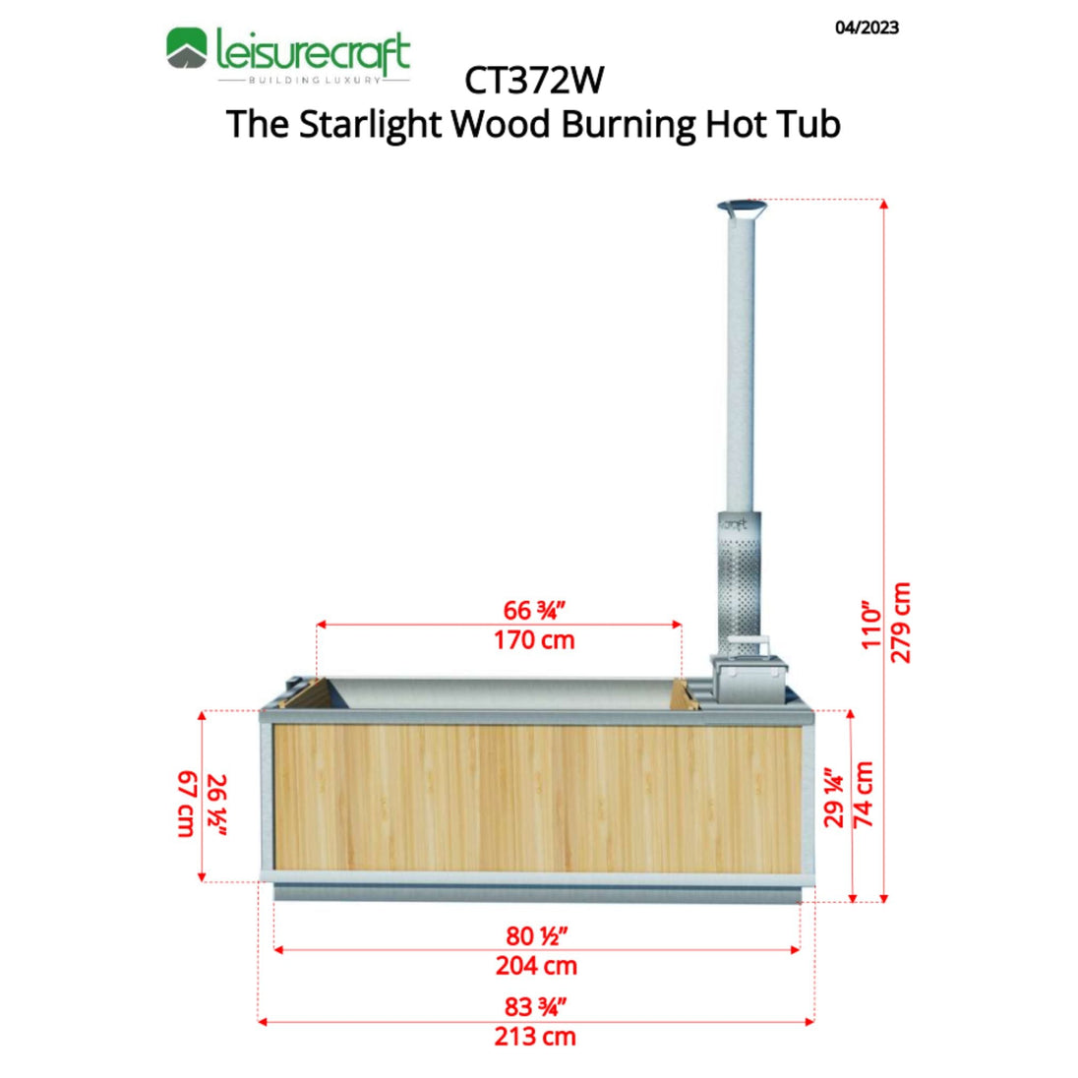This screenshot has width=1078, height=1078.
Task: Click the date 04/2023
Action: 867,28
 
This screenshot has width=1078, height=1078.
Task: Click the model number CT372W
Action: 534,81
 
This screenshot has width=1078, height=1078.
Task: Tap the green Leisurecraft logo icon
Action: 186,48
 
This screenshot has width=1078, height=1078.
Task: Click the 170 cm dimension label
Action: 534,640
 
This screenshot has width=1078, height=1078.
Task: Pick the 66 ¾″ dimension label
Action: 533,610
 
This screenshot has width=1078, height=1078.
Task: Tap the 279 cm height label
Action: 900,623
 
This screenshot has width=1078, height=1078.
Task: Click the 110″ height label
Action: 871,626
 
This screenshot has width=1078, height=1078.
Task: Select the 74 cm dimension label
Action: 863,794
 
